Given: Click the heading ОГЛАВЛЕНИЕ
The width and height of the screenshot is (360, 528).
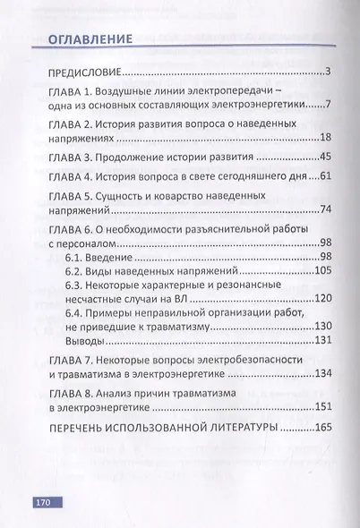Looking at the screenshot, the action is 86,39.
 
